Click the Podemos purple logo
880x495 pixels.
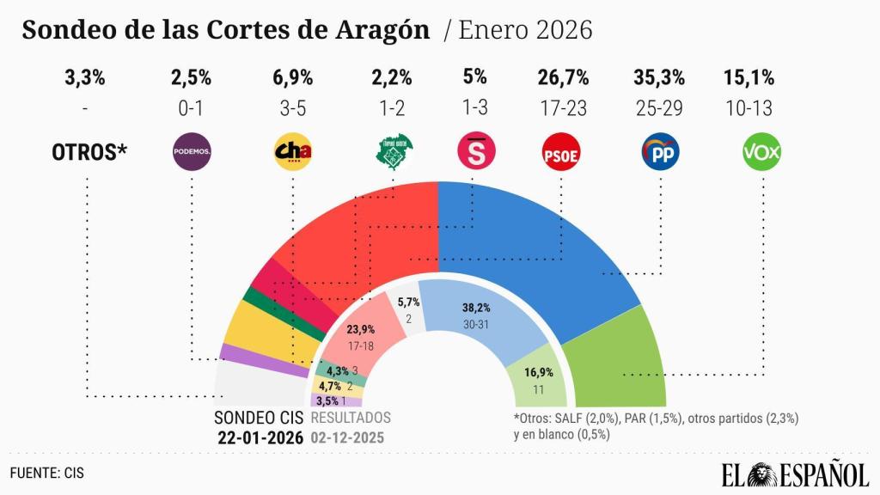point(192,152)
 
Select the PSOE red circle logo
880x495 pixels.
point(563,153)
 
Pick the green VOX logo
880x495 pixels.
point(761,153)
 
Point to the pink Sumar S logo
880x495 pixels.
point(474,152)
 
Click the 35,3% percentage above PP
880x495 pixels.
point(659,77)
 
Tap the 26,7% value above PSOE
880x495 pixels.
point(563,77)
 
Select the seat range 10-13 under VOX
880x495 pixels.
point(749,109)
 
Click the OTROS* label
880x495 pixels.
point(89,153)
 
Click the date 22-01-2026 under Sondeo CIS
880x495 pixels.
point(259,437)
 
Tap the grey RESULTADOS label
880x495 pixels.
point(350,418)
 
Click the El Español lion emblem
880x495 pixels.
point(766,472)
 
